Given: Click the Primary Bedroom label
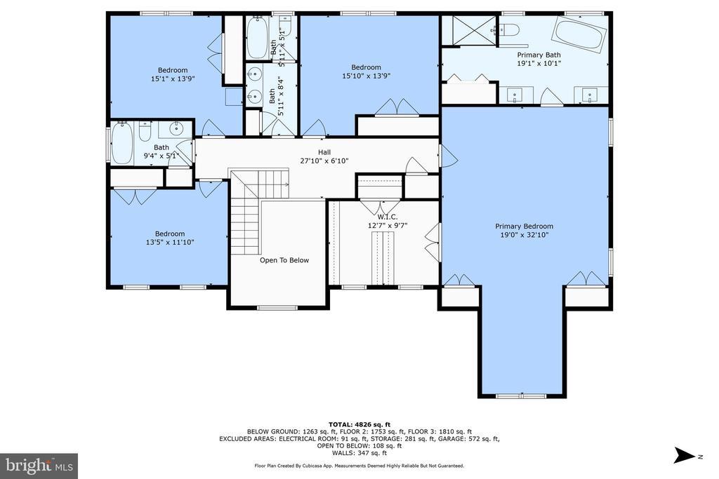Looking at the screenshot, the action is point(524,227).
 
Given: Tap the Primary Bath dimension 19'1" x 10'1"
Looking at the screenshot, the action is point(539,64).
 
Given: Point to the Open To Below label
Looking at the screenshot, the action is point(284,260).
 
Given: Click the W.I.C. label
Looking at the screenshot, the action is point(388,217).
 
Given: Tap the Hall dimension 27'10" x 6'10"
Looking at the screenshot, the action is point(324,161).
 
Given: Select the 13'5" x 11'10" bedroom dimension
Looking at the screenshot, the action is point(170,242).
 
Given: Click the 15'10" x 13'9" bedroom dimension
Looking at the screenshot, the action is point(366,76).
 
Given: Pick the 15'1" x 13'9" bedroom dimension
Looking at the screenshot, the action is point(173,79).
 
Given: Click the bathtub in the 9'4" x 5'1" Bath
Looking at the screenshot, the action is point(122,142).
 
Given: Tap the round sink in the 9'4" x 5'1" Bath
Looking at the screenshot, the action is point(176,129).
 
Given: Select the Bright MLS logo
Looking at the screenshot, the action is point(39,466).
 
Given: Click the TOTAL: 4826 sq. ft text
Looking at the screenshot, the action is point(359,424).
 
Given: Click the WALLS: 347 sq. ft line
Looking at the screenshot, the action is point(359,453).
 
